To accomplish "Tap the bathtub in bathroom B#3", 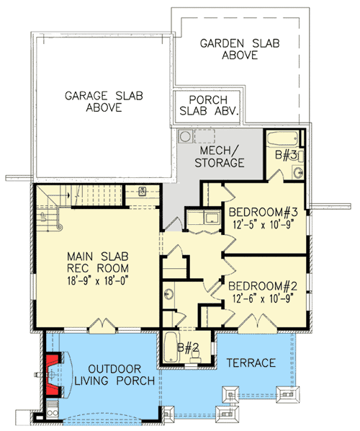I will pyautogui.click(x=284, y=139).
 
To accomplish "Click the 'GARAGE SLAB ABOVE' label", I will pyautogui.click(x=102, y=102).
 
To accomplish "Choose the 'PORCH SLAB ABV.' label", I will pyautogui.click(x=208, y=105).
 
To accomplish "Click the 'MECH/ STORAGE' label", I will pyautogui.click(x=219, y=157).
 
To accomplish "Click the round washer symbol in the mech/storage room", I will pyautogui.click(x=186, y=135).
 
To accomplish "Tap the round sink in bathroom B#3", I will pyautogui.click(x=297, y=171).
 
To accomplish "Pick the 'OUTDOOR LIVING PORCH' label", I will pyautogui.click(x=112, y=374).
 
